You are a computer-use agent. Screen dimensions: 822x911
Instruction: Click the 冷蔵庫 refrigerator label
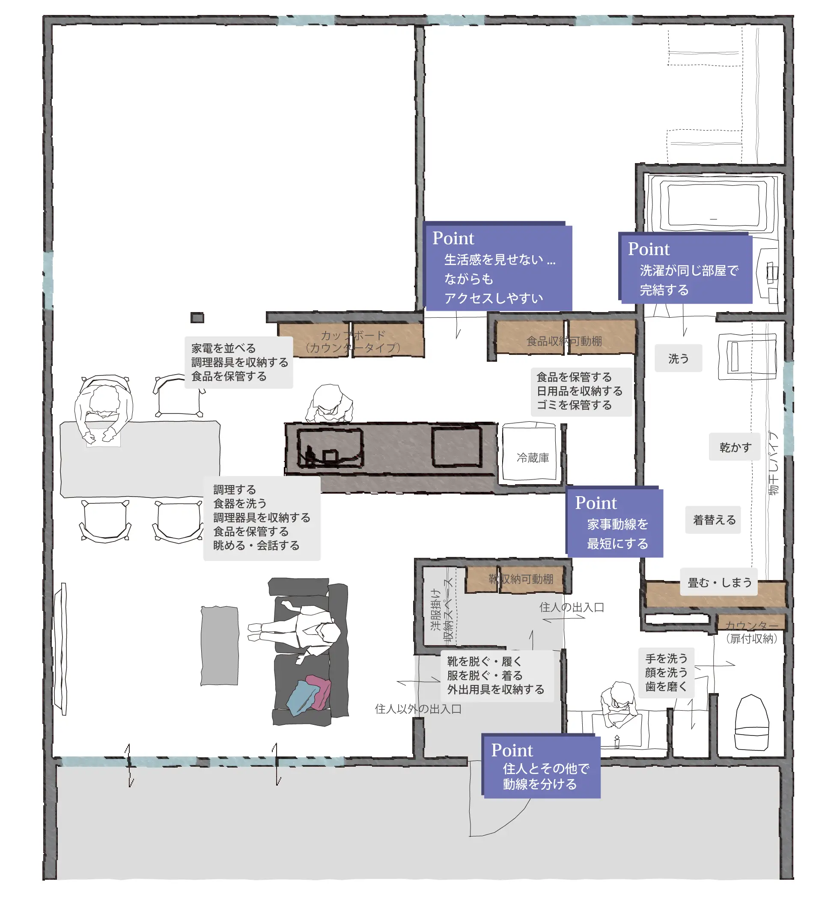click(533, 458)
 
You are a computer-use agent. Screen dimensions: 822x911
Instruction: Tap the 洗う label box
click(679, 358)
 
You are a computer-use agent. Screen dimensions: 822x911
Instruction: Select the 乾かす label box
click(735, 447)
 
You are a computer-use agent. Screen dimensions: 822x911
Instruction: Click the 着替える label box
click(713, 519)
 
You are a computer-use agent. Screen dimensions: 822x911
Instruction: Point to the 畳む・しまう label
click(719, 582)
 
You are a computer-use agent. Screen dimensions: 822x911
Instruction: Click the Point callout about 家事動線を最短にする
click(614, 522)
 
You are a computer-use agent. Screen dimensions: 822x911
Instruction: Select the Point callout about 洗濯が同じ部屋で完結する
click(685, 268)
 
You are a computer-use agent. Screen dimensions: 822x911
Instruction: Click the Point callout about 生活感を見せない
click(498, 266)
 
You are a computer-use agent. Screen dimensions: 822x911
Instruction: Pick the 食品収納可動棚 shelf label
click(564, 341)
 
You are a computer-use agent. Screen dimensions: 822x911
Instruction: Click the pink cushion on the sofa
click(319, 691)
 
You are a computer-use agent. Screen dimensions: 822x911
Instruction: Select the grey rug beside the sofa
click(220, 646)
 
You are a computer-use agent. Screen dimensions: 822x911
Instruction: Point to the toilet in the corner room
click(751, 723)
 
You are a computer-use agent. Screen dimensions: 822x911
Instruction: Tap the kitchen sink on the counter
click(330, 447)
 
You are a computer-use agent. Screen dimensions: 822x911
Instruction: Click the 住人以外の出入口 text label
click(418, 709)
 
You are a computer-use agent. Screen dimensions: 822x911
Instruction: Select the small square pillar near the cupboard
click(197, 318)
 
